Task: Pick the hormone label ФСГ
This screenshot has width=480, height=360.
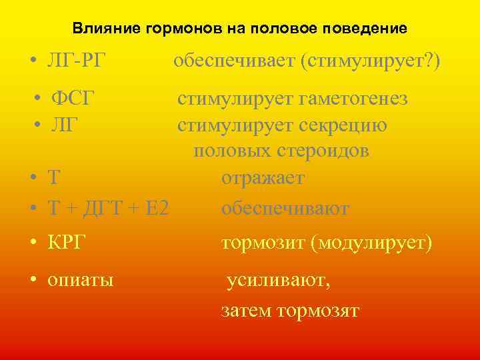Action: pyautogui.click(x=74, y=99)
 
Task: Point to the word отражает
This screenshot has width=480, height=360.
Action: pyautogui.click(x=263, y=179)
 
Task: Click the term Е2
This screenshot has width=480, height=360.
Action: pyautogui.click(x=153, y=209)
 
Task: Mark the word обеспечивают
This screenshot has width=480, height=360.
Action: pyautogui.click(x=285, y=209)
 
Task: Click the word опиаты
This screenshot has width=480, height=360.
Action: pyautogui.click(x=80, y=280)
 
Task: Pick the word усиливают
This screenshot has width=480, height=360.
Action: pyautogui.click(x=278, y=281)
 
